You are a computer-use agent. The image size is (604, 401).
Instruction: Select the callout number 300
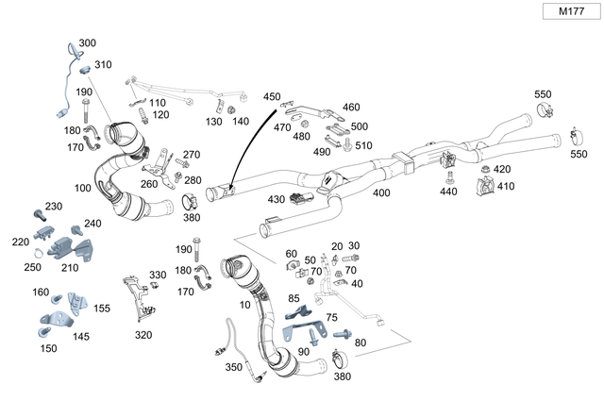[x=87, y=43]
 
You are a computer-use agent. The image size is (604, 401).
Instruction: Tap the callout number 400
[x=380, y=193]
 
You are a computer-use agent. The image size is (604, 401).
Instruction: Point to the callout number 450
[x=272, y=97]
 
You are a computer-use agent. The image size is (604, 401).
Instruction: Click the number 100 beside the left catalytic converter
[x=83, y=189]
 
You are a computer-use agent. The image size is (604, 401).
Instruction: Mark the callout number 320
[x=143, y=334]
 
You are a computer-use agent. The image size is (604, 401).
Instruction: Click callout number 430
[x=277, y=199]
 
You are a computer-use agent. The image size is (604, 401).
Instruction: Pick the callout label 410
[x=505, y=186]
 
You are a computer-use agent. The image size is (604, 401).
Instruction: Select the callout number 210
[x=70, y=267]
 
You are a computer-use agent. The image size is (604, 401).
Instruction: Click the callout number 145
[x=81, y=336]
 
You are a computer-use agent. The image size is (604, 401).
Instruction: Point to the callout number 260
[x=149, y=184]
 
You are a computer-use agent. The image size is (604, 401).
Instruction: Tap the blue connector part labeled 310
[x=83, y=68]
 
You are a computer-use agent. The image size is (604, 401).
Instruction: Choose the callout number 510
[x=364, y=145]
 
